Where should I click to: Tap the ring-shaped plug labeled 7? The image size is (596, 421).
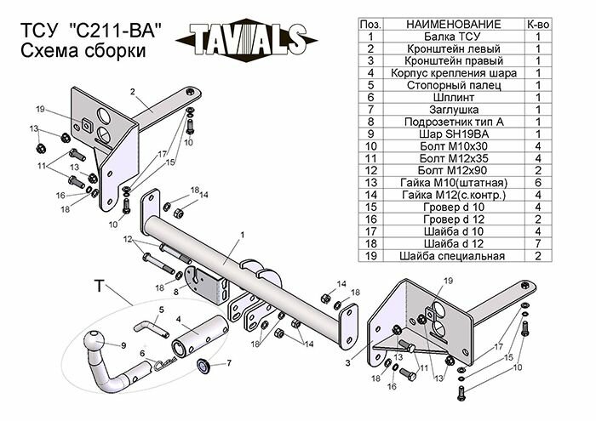pyautogui.click(x=205, y=367)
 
